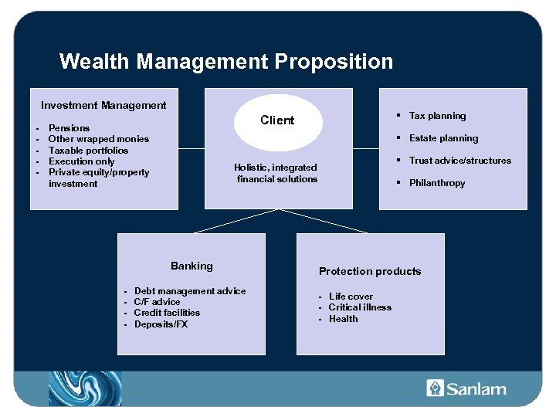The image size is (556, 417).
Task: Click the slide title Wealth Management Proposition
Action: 225,61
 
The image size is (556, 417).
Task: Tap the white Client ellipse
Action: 277,120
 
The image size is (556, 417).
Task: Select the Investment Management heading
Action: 103,105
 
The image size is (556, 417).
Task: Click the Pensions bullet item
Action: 69,128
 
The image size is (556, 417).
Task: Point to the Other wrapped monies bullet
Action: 98,139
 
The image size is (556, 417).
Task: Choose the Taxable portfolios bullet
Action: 88,151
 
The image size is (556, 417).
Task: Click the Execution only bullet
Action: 81,161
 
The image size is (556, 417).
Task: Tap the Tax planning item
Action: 437,116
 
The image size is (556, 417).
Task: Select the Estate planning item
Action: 443,138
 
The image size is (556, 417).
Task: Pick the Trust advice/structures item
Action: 459,161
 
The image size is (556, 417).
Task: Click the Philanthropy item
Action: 437,183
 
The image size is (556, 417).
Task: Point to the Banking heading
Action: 192,266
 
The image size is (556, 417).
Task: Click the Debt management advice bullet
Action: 189,291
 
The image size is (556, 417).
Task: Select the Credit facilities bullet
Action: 167,313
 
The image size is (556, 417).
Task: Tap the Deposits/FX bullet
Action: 161,324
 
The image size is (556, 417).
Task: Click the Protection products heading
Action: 370,271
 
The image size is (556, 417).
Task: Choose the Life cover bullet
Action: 351,297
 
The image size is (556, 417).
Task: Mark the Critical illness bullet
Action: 360,307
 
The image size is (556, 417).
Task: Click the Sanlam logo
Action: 466,388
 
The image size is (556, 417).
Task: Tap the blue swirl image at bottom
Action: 85,388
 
